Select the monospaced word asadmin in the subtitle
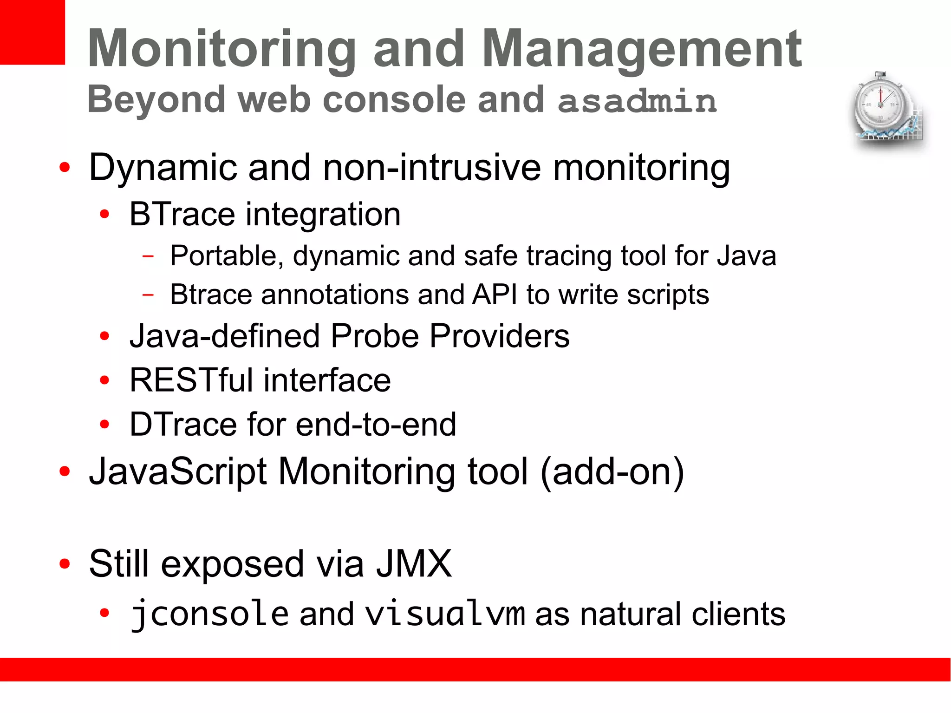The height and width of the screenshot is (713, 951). point(637,100)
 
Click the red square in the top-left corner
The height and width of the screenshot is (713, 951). point(32,32)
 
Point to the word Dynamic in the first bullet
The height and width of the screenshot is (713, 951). point(163,168)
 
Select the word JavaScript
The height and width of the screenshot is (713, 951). point(178,472)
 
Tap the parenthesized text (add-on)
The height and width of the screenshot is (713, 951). point(612,472)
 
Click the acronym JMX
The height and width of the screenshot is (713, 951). point(413,564)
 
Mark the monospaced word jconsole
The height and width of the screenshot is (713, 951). point(209,614)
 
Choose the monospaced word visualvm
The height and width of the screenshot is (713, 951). point(445,614)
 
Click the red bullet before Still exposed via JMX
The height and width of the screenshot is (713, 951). point(65,564)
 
